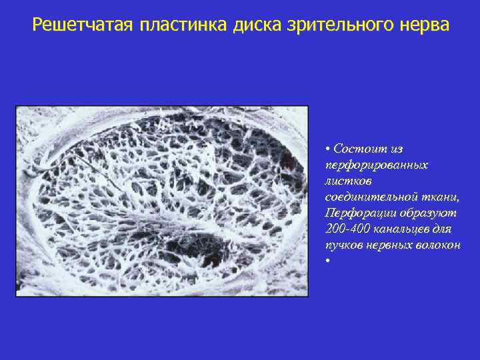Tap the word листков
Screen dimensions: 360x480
(x=345, y=180)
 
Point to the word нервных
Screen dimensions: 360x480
(x=391, y=245)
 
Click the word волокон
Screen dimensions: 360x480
(x=439, y=245)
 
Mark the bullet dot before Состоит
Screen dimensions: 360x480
(x=329, y=148)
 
